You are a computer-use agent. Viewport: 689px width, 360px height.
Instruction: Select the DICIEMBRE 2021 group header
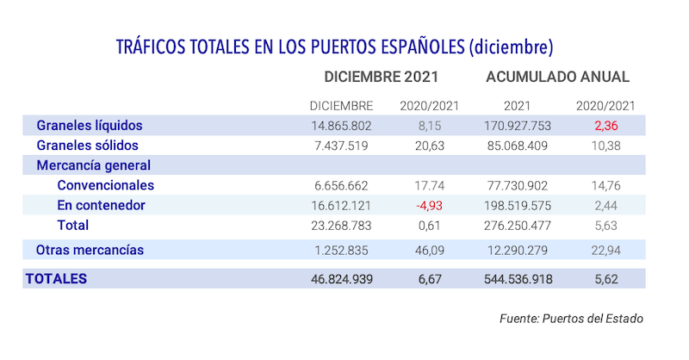384,77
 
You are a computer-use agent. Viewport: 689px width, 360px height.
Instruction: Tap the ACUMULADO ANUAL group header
557,77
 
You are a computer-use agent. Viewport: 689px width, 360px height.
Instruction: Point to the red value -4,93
429,206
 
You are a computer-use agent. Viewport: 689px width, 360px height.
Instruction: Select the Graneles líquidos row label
89,126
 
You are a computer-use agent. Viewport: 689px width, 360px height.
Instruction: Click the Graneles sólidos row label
88,146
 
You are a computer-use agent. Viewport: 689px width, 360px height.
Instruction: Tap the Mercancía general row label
93,165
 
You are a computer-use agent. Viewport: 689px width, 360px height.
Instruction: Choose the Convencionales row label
106,185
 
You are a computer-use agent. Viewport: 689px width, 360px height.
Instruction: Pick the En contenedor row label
101,206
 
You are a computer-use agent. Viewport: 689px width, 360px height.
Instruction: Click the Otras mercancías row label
90,250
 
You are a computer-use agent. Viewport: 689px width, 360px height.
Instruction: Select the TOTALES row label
57,279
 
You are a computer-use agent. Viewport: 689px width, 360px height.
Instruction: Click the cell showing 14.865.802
341,126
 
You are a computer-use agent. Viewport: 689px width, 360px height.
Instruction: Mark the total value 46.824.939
341,279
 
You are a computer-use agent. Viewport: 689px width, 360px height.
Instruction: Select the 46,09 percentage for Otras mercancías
430,250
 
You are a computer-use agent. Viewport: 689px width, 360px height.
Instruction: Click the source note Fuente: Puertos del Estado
571,319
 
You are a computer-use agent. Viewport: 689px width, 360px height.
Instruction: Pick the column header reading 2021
517,106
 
